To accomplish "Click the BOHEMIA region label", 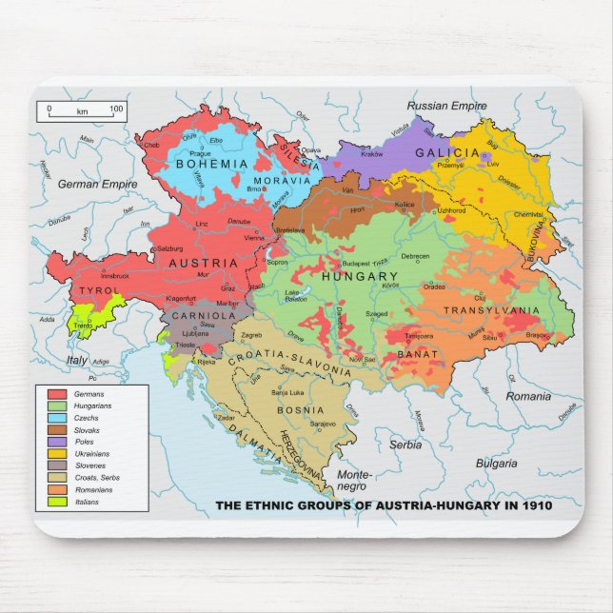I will tap(211, 164).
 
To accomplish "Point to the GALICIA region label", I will tap(447, 152).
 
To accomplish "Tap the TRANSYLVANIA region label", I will tap(492, 310).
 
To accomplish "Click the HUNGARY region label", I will tap(359, 276).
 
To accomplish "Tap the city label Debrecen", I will tap(415, 256).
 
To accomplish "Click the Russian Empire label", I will tap(446, 106).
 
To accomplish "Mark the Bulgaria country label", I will tap(496, 464).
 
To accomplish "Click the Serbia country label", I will tap(405, 445).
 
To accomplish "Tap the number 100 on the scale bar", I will tap(117, 109).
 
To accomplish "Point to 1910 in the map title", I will tap(536, 505).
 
